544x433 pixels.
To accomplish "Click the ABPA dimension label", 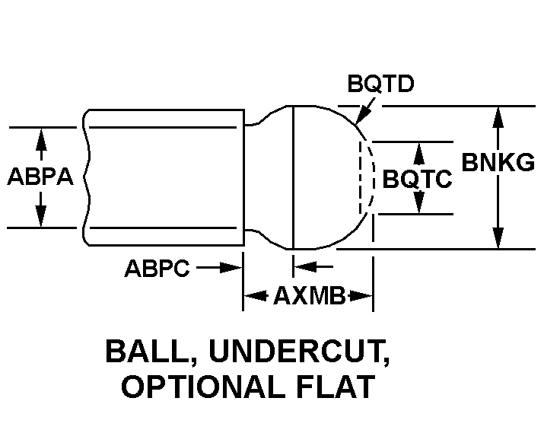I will click(40, 177).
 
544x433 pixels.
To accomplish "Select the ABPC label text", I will click(157, 269).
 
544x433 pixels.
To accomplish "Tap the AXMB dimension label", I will click(308, 296).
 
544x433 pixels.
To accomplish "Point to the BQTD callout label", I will click(380, 84).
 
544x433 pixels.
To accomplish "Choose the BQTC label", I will click(417, 180).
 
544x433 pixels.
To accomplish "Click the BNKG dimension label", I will click(498, 162).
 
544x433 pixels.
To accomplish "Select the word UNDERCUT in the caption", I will click(299, 352).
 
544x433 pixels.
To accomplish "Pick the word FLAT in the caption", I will click(339, 387).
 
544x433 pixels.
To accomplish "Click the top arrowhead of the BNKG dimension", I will click(498, 116).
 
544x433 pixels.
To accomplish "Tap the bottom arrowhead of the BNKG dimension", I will click(498, 239).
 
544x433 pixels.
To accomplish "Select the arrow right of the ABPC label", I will click(224, 268).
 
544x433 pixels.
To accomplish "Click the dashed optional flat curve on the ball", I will click(371, 177).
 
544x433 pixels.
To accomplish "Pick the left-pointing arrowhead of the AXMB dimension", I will click(253, 296).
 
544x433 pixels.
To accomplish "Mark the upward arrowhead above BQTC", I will click(417, 151).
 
